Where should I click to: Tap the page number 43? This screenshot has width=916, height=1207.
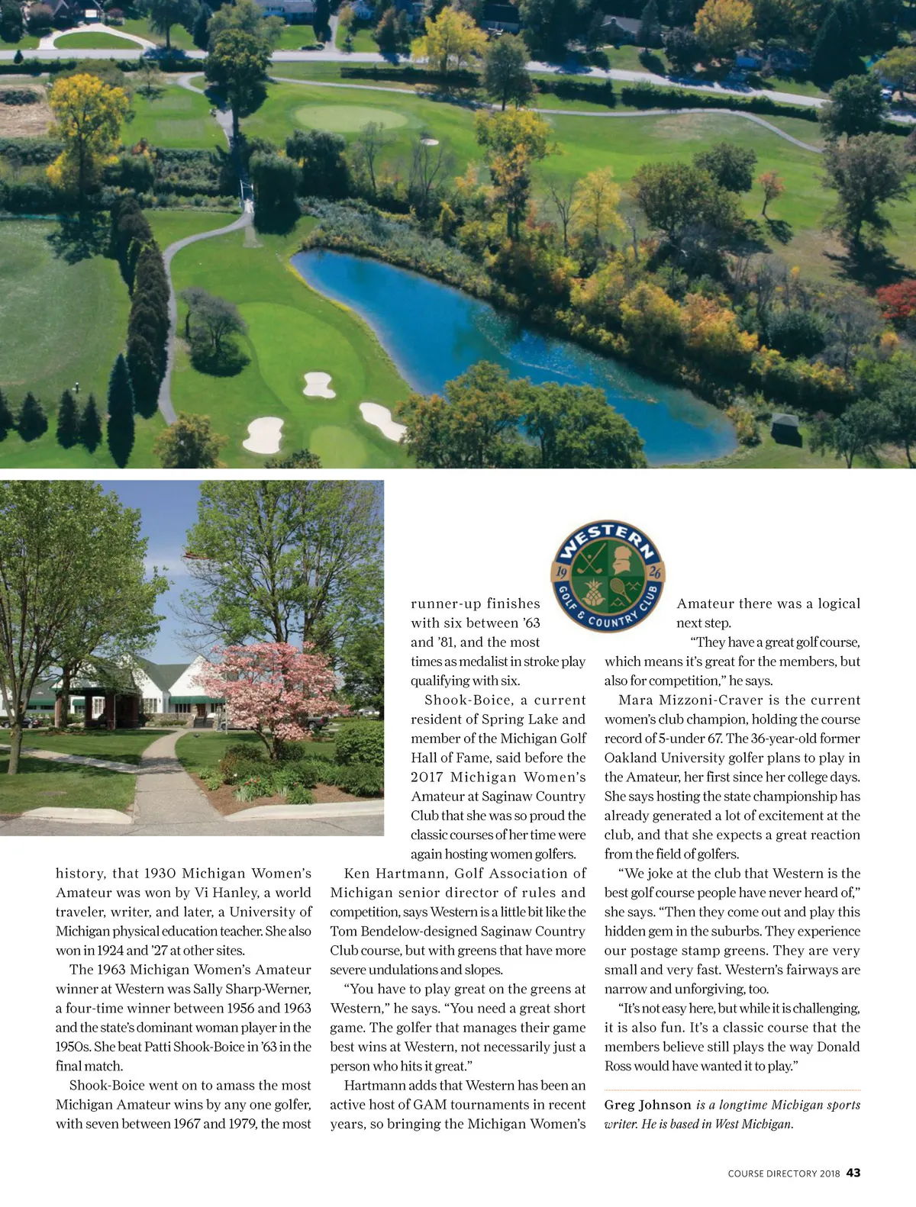(x=853, y=1173)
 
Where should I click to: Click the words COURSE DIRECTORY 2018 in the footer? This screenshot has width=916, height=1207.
(x=784, y=1173)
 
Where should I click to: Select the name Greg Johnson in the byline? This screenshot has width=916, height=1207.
(x=647, y=1105)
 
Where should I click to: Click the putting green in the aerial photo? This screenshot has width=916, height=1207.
(x=351, y=117)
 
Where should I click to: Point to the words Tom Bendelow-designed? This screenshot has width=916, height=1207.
(x=402, y=932)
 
